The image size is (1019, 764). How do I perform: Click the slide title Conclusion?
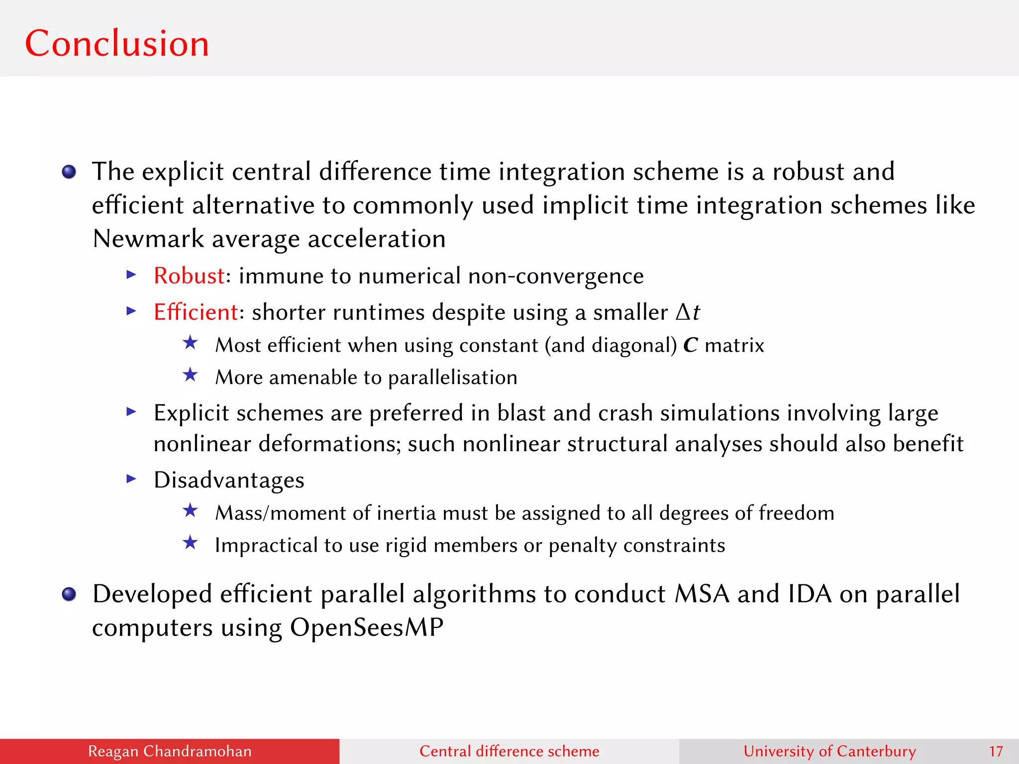117,44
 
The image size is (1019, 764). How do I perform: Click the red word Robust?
189,276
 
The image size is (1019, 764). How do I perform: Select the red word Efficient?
196,312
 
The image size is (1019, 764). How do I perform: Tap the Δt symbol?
688,312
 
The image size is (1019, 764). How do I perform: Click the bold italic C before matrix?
690,345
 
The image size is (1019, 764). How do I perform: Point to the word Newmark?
148,239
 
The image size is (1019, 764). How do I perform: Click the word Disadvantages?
229,480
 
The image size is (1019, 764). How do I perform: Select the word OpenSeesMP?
367,627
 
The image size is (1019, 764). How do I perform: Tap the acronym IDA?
810,594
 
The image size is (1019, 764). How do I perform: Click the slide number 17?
996,752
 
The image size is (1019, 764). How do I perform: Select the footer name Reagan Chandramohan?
170,752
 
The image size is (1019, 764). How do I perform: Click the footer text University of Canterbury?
829,752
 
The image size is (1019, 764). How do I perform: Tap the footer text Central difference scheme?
509,752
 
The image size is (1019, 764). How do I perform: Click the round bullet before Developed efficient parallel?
69,594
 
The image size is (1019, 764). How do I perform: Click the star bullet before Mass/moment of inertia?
190,510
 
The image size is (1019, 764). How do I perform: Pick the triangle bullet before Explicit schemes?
131,411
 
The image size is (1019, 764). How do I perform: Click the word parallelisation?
453,378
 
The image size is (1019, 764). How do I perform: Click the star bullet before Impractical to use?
190,543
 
